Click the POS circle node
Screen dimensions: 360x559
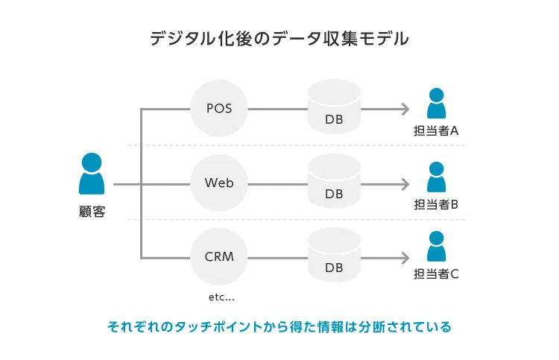tap(219, 109)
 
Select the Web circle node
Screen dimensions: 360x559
tap(219, 183)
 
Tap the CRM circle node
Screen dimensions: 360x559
tap(219, 257)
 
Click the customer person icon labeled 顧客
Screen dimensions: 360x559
tap(92, 174)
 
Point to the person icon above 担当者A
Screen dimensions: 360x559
tap(436, 104)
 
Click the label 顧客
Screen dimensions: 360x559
tap(92, 212)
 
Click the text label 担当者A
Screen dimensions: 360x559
tap(436, 131)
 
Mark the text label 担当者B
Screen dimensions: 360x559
tap(436, 204)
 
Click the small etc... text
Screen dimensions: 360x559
tap(221, 297)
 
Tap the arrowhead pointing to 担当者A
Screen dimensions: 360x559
tap(405, 110)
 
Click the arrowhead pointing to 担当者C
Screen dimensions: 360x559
tap(405, 258)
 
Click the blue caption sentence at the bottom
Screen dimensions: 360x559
tap(279, 326)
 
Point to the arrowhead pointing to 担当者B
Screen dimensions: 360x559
tap(405, 183)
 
